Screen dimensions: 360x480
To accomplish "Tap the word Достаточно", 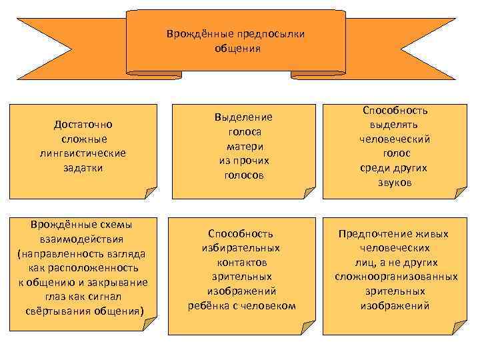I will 83,124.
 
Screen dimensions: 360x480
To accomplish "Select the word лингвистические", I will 83,153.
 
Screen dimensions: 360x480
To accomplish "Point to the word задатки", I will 83,168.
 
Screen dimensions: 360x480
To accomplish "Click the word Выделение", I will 243,117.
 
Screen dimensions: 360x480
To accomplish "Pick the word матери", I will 243,146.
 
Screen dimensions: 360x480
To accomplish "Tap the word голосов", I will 243,175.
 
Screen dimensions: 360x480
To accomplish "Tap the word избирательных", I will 241,247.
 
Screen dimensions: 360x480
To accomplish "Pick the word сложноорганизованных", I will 396,277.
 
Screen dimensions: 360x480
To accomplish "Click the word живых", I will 433,233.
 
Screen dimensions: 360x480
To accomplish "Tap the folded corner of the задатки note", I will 151,192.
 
